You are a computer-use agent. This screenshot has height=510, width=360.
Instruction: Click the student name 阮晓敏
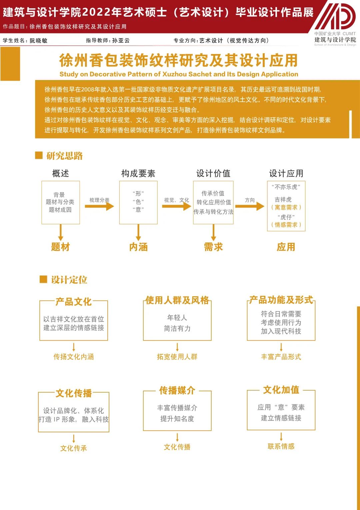pos(39,41)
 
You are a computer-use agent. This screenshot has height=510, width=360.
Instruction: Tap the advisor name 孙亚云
pos(121,41)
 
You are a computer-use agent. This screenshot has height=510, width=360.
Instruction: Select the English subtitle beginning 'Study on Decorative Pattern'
pos(179,74)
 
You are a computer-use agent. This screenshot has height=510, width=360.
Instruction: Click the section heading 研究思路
pos(65,156)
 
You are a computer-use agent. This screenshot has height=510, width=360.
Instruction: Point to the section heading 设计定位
pos(69,280)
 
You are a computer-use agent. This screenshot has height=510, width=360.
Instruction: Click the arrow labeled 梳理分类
pos(99,206)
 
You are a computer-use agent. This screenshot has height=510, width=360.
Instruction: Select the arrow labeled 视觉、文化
pos(177,206)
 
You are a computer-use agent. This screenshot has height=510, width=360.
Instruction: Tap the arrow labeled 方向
pos(250,206)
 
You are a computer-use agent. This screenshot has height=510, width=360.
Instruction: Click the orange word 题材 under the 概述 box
pos(61,247)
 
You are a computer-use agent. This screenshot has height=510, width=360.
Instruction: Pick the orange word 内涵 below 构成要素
pos(138,247)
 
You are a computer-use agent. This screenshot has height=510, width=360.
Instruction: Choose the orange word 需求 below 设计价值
pos(213,247)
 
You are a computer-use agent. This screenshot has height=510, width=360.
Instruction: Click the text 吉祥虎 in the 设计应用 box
pos(283,200)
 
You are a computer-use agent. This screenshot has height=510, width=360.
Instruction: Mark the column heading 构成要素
pos(138,173)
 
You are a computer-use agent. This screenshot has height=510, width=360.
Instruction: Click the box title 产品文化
pos(74,302)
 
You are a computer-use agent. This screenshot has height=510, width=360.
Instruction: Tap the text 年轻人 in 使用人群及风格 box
pos(177,318)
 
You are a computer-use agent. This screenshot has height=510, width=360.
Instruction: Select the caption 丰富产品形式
pos(281,357)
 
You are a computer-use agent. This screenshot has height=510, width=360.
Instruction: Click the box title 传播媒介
pos(177,391)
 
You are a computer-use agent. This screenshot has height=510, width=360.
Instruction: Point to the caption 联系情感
pos(281,446)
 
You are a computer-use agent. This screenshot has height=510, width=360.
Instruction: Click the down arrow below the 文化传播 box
pos(74,439)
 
